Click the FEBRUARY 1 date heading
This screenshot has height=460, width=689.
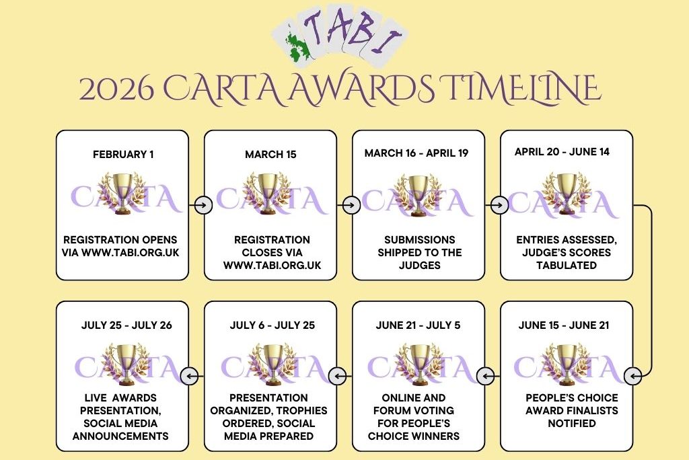(x=123, y=154)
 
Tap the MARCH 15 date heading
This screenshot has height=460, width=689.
(x=270, y=154)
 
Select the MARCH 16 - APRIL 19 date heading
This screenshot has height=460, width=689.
(x=416, y=153)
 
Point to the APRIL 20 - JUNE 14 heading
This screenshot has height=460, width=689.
(x=562, y=151)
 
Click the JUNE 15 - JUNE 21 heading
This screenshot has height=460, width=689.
(x=564, y=325)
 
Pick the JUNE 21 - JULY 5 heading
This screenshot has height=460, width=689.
(x=418, y=325)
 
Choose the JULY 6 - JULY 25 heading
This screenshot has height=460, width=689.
(x=273, y=325)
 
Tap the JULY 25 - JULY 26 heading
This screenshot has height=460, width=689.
(x=126, y=325)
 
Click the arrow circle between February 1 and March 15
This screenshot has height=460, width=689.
(x=203, y=204)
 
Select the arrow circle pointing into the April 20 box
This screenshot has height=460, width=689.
(x=499, y=204)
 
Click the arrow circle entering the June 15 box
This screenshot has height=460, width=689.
(x=632, y=376)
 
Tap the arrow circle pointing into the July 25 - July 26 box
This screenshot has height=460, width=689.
(x=190, y=376)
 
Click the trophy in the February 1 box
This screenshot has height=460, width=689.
(x=122, y=193)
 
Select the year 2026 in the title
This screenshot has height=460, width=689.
(x=117, y=89)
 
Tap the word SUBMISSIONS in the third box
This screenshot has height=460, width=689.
(x=420, y=240)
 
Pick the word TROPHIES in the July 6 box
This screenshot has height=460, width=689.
(x=301, y=410)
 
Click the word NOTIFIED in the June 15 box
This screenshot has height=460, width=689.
(x=572, y=423)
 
